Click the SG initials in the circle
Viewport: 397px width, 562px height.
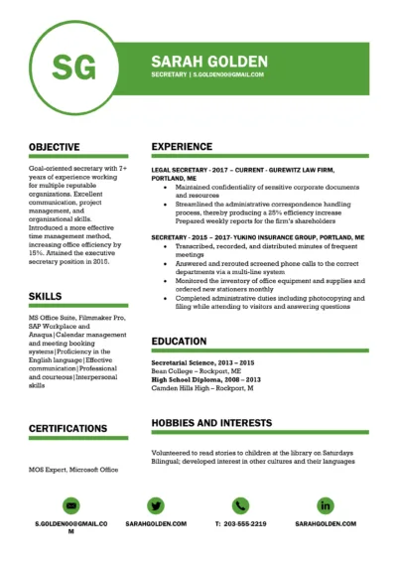[x=74, y=68]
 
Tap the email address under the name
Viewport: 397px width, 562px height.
[x=229, y=74]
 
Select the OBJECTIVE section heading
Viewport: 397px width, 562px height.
[x=55, y=147]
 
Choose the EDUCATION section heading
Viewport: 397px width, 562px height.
[x=179, y=341]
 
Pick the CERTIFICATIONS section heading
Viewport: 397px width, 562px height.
[x=68, y=428]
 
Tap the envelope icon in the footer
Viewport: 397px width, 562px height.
[x=70, y=505]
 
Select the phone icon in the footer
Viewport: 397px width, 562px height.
[x=240, y=505]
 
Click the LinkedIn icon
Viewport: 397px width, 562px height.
[x=325, y=505]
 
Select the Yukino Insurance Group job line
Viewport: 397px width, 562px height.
[x=257, y=238]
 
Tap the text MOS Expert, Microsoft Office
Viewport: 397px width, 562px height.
[x=73, y=469]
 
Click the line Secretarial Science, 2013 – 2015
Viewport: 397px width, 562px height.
[x=203, y=362]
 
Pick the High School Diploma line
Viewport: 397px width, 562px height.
[x=205, y=379]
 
